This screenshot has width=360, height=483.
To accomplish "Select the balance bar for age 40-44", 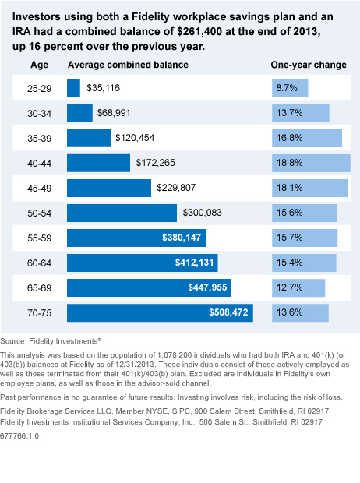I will (98, 163).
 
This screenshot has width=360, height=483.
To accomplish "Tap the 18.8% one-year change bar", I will (310, 163).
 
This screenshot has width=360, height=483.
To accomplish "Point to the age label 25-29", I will (37, 89).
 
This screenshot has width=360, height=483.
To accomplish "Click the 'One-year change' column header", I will (308, 65).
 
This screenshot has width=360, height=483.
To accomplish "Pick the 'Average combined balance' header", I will (128, 65).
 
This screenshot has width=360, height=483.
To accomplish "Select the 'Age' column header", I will (37, 65).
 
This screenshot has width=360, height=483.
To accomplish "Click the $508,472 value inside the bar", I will (229, 312).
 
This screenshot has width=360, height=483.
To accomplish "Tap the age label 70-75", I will (37, 312).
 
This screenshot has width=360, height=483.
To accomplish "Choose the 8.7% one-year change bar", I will (289, 89).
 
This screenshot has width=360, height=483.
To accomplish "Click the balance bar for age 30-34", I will (79, 114).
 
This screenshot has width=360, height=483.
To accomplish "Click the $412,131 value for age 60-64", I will (188, 263).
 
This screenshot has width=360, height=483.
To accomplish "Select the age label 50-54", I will (37, 213).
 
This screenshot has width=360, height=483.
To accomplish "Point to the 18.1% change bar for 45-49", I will (309, 188).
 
